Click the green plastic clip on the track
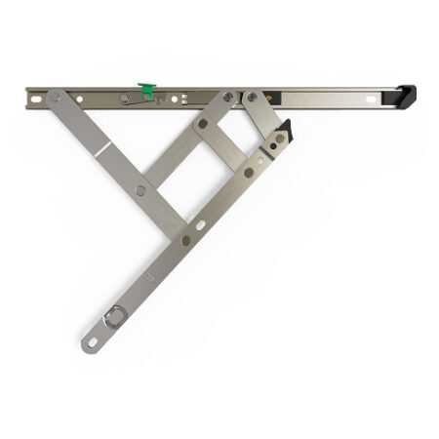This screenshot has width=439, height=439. [x=146, y=91]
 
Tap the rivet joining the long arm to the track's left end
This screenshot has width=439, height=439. [x=55, y=98]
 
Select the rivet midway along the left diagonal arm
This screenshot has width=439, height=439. [x=141, y=189]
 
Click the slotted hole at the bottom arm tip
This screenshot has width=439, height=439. [x=92, y=341]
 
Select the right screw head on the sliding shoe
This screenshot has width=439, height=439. [x=252, y=97]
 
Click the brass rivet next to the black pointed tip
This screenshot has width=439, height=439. [x=279, y=139]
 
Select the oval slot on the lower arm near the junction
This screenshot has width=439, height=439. [x=200, y=225]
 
